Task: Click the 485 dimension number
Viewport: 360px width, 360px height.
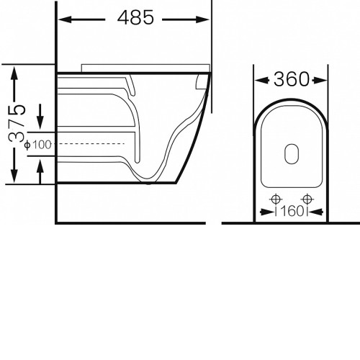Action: [135, 17]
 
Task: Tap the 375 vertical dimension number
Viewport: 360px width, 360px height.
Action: [17, 123]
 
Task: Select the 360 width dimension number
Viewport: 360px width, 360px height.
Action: [292, 79]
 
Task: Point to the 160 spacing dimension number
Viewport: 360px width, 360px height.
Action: [292, 212]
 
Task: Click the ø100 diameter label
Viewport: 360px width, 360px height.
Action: [38, 145]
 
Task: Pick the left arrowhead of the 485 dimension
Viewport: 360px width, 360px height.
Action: [65, 19]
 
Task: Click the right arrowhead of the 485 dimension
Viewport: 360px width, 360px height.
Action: [203, 19]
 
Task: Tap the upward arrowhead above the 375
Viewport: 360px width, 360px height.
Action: [14, 73]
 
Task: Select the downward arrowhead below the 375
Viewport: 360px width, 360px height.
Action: [14, 176]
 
